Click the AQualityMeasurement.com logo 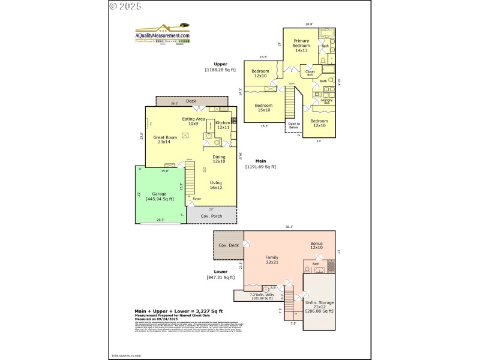pyautogui.click(x=162, y=34)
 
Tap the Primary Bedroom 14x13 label pyautogui.click(x=301, y=48)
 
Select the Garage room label pyautogui.click(x=159, y=196)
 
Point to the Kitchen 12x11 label pyautogui.click(x=223, y=125)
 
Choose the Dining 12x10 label pyautogui.click(x=219, y=159)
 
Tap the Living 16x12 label pyautogui.click(x=215, y=185)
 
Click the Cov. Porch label pyautogui.click(x=211, y=215)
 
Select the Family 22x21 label pyautogui.click(x=272, y=260)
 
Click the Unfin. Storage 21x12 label pyautogui.click(x=319, y=307)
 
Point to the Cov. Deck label pyautogui.click(x=229, y=245)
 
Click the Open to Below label pyautogui.click(x=293, y=125)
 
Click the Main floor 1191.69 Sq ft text pyautogui.click(x=260, y=164)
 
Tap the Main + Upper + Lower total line pyautogui.click(x=178, y=311)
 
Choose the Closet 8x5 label pyautogui.click(x=310, y=73)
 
